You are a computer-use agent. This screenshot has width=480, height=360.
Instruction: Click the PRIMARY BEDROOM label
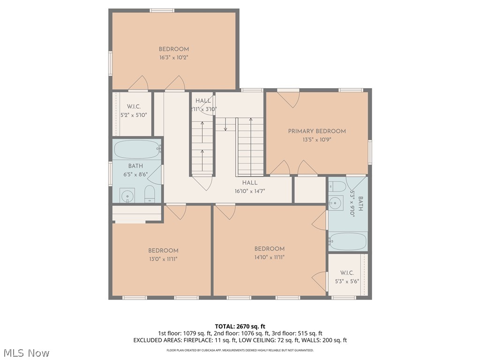[317, 131]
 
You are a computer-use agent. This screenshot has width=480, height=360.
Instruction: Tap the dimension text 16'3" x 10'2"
[173, 58]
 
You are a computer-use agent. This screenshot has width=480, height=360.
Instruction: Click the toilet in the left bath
[150, 194]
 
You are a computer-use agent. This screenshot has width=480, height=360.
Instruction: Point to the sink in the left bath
[127, 195]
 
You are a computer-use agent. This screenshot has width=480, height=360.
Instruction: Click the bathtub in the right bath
[348, 241]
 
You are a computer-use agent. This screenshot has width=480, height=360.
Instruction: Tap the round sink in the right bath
[335, 203]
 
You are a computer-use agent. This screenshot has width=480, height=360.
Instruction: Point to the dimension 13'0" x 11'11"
[163, 259]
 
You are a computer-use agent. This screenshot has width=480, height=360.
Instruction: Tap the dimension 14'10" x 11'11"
[270, 257]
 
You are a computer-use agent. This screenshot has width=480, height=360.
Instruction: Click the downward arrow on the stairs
[225, 125]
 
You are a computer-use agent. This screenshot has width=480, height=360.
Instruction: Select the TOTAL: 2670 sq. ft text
[240, 326]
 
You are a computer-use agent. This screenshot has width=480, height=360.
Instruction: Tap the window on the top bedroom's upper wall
[162, 10]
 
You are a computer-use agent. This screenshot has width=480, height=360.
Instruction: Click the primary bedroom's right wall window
[370, 152]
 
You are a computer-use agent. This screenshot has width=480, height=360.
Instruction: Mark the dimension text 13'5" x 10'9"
[317, 140]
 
